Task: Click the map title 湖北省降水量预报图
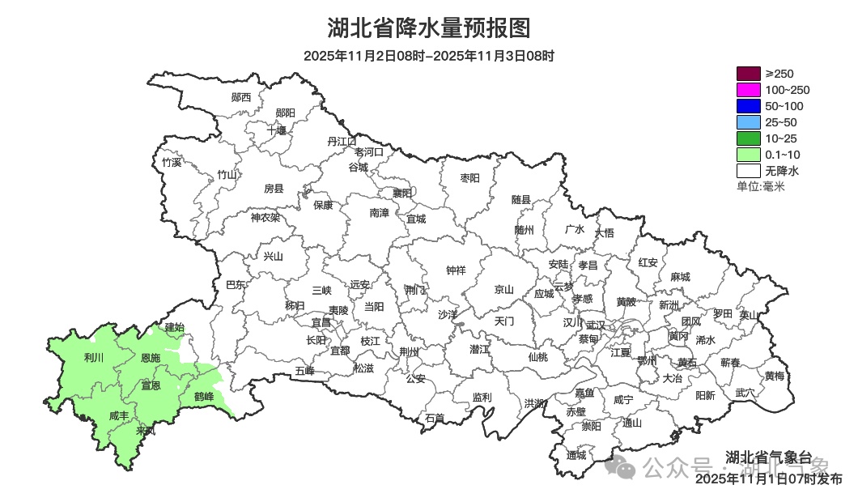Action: pyautogui.click(x=428, y=28)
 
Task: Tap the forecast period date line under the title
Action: pyautogui.click(x=428, y=56)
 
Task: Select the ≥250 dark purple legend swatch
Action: pyautogui.click(x=748, y=74)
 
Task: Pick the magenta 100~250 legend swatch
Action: pyautogui.click(x=748, y=90)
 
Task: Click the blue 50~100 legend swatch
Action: pyautogui.click(x=748, y=106)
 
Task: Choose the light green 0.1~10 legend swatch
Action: pyautogui.click(x=748, y=155)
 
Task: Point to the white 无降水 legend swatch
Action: pyautogui.click(x=748, y=171)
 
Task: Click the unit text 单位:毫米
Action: pyautogui.click(x=761, y=186)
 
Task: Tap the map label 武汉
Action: pyautogui.click(x=596, y=324)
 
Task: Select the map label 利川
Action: pyautogui.click(x=94, y=357)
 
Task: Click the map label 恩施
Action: pyautogui.click(x=151, y=357)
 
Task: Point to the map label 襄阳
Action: pyautogui.click(x=402, y=193)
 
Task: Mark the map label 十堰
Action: pyautogui.click(x=277, y=130)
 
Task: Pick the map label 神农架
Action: pyautogui.click(x=265, y=217)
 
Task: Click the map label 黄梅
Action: pyautogui.click(x=774, y=376)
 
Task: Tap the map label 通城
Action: pyautogui.click(x=576, y=455)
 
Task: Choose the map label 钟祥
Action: pyautogui.click(x=457, y=270)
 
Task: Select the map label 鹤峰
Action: pyautogui.click(x=204, y=397)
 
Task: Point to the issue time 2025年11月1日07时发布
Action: pyautogui.click(x=768, y=479)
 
